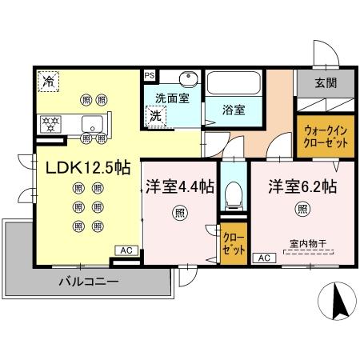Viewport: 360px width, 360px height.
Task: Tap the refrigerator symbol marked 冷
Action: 48,80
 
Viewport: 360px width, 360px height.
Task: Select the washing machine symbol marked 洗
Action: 154,116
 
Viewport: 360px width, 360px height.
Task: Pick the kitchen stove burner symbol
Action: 50,124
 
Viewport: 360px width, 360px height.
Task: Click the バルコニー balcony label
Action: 88,282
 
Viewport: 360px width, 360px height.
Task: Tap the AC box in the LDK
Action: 126,250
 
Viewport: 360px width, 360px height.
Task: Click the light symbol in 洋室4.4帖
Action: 180,214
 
